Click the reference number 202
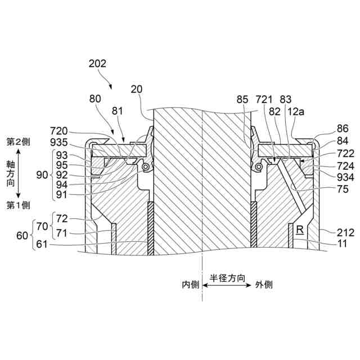pos(97,64)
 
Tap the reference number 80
pos(96,98)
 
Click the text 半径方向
pos(228,278)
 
